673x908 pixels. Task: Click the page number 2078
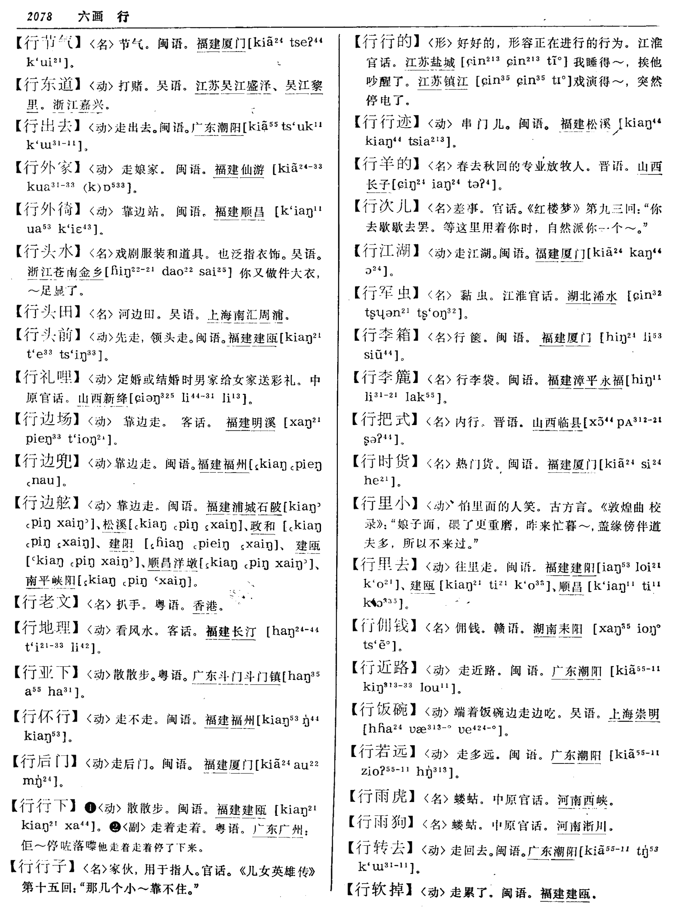39,16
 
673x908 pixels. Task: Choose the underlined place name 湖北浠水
592,296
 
